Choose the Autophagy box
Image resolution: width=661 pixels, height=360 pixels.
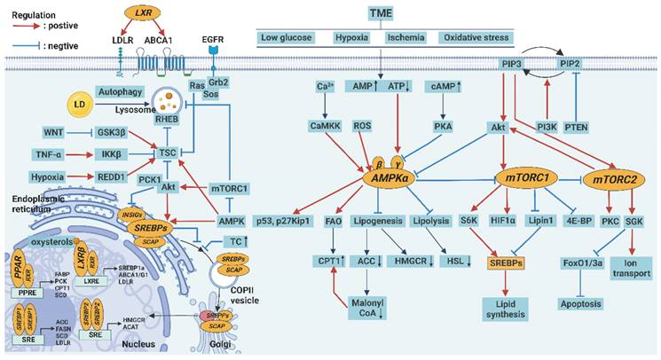pyautogui.click(x=122, y=90)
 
